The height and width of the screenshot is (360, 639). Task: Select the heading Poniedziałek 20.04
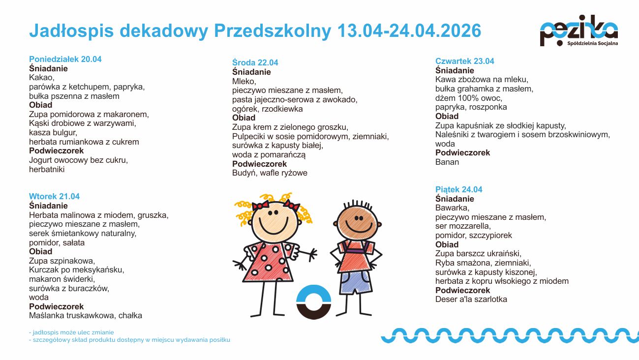(x=65, y=59)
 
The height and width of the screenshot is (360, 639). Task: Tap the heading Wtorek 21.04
(x=54, y=196)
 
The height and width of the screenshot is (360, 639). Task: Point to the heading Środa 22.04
(x=255, y=62)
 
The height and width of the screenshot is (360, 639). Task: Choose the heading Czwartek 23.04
(x=465, y=61)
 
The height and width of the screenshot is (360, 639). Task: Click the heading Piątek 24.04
(x=459, y=189)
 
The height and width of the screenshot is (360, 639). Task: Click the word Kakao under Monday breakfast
(x=41, y=78)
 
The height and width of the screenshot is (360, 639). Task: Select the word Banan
(x=447, y=162)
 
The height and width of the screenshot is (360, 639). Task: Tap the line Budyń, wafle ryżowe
(x=270, y=173)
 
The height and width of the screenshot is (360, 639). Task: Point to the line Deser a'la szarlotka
(x=471, y=299)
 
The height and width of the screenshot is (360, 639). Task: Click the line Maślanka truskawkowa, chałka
(x=86, y=315)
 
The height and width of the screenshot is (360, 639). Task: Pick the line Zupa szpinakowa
(x=62, y=261)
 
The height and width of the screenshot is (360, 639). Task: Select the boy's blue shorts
(x=356, y=282)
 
